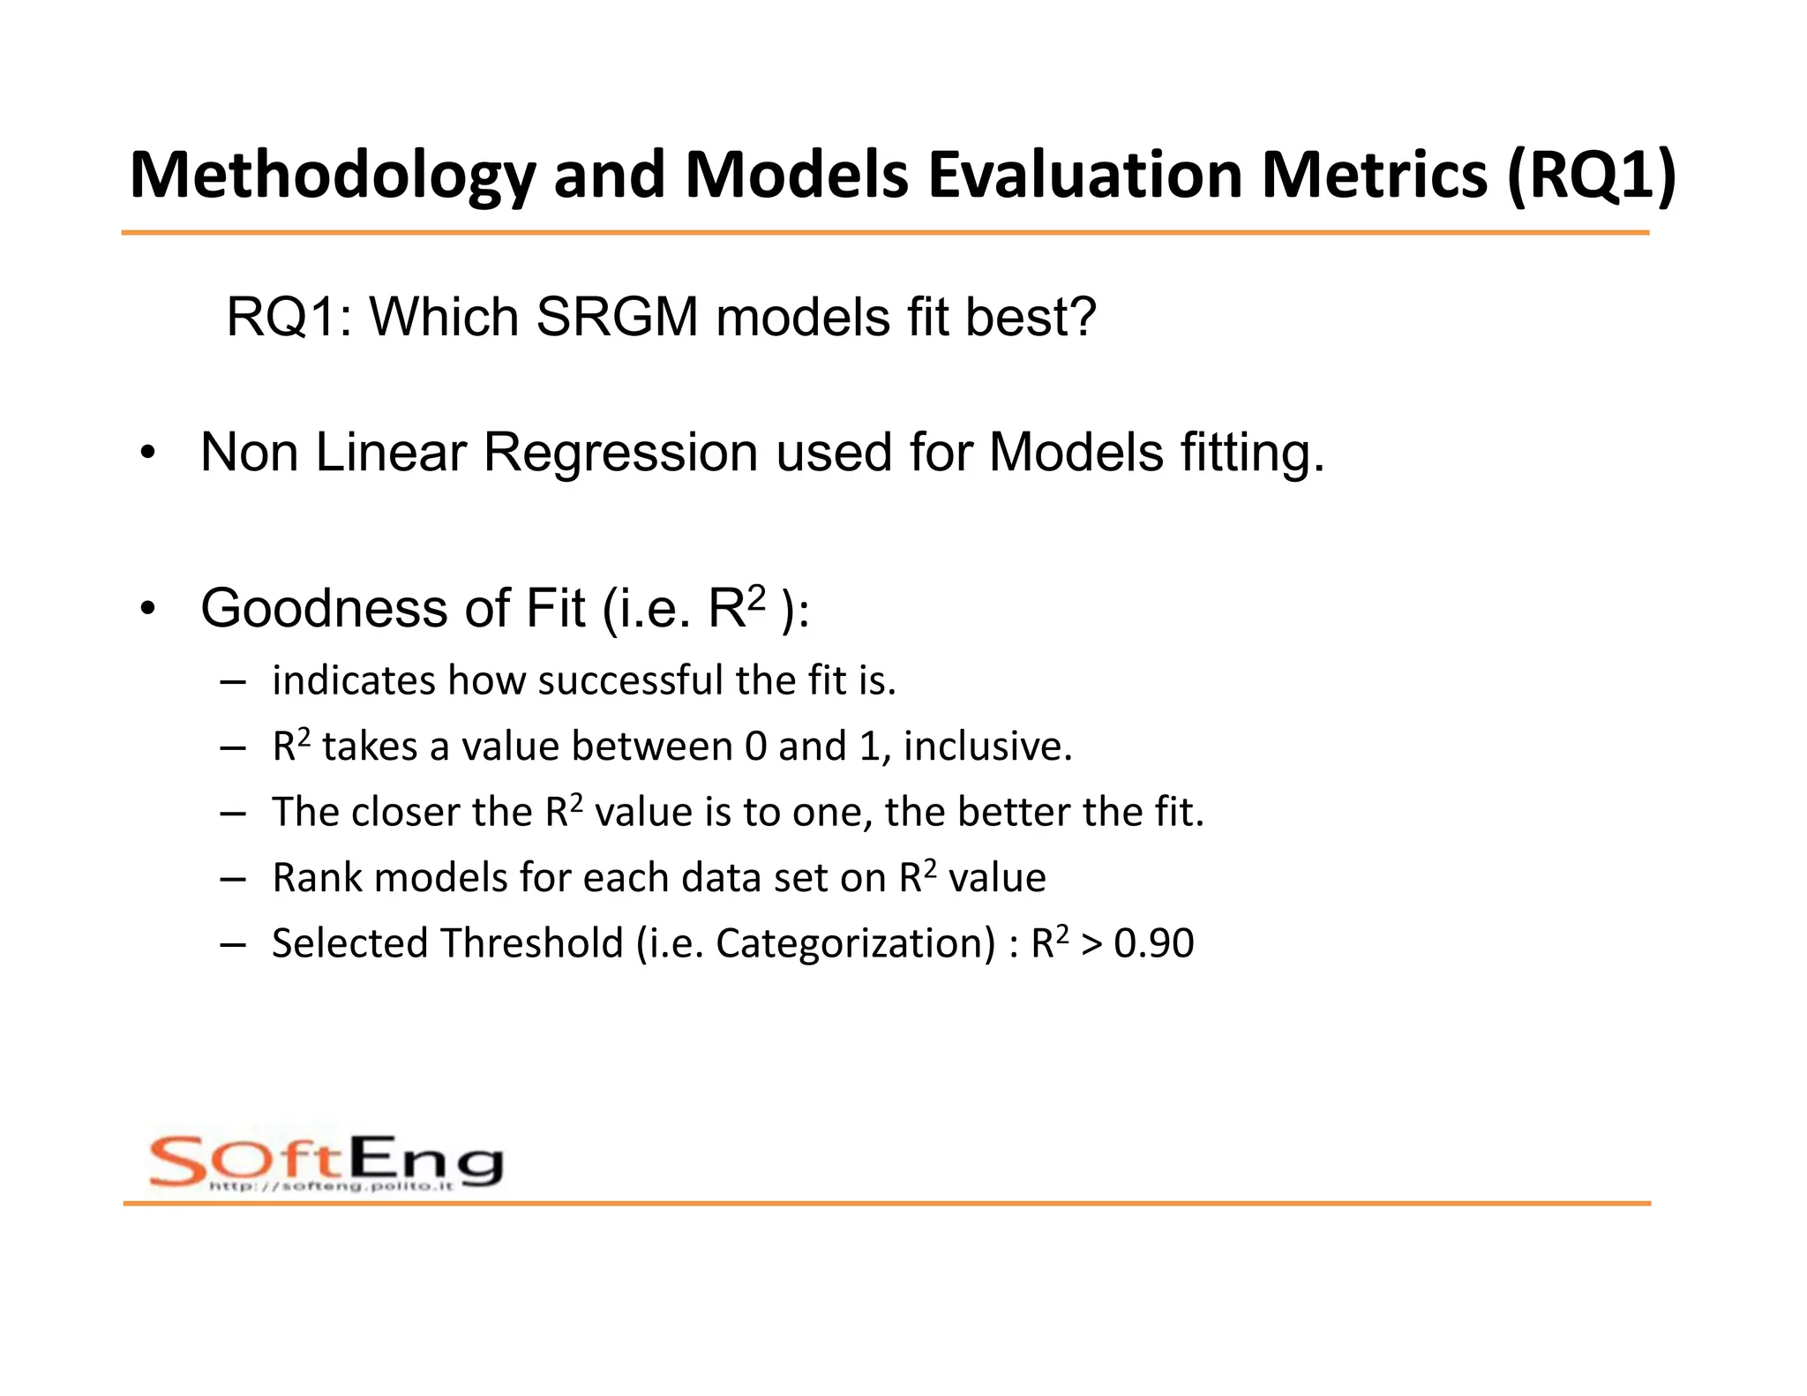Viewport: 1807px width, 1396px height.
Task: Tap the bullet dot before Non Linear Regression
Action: click(x=147, y=454)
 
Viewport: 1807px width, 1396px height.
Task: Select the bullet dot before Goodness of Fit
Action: click(x=147, y=609)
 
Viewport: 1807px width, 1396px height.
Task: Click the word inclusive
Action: click(x=987, y=747)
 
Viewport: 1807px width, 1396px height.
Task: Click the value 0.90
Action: click(x=1154, y=943)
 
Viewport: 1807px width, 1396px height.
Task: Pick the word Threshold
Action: click(x=532, y=943)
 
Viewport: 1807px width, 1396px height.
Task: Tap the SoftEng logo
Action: click(x=326, y=1160)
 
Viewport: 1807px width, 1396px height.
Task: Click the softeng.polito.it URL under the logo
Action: click(x=331, y=1186)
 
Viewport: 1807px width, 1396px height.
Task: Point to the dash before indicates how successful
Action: click(x=233, y=682)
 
